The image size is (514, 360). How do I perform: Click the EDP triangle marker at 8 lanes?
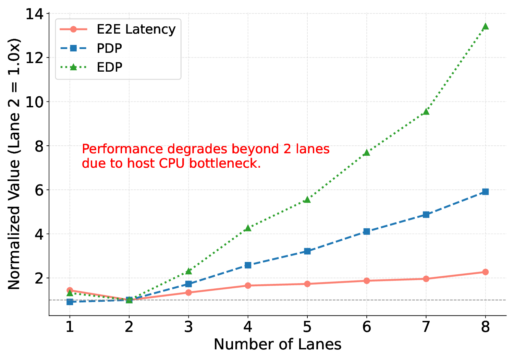485,26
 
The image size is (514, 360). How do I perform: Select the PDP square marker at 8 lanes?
485,192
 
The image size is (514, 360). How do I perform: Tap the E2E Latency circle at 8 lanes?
485,272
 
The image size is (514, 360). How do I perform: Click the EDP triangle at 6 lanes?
367,152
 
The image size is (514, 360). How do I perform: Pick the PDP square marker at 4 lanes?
248,265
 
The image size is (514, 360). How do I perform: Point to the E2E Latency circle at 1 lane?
70,290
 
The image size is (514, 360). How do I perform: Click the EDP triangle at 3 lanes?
188,271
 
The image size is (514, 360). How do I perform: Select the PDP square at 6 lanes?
367,231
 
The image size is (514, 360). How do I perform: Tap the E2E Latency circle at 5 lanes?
307,284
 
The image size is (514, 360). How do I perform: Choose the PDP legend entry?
109,48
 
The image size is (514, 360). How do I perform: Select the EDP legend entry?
109,67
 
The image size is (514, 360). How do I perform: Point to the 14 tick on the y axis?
35,14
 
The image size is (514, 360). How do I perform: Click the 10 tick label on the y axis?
35,102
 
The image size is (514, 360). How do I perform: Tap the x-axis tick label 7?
426,327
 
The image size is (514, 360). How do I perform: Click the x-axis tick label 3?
188,327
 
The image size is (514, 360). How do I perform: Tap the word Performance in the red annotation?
122,149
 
